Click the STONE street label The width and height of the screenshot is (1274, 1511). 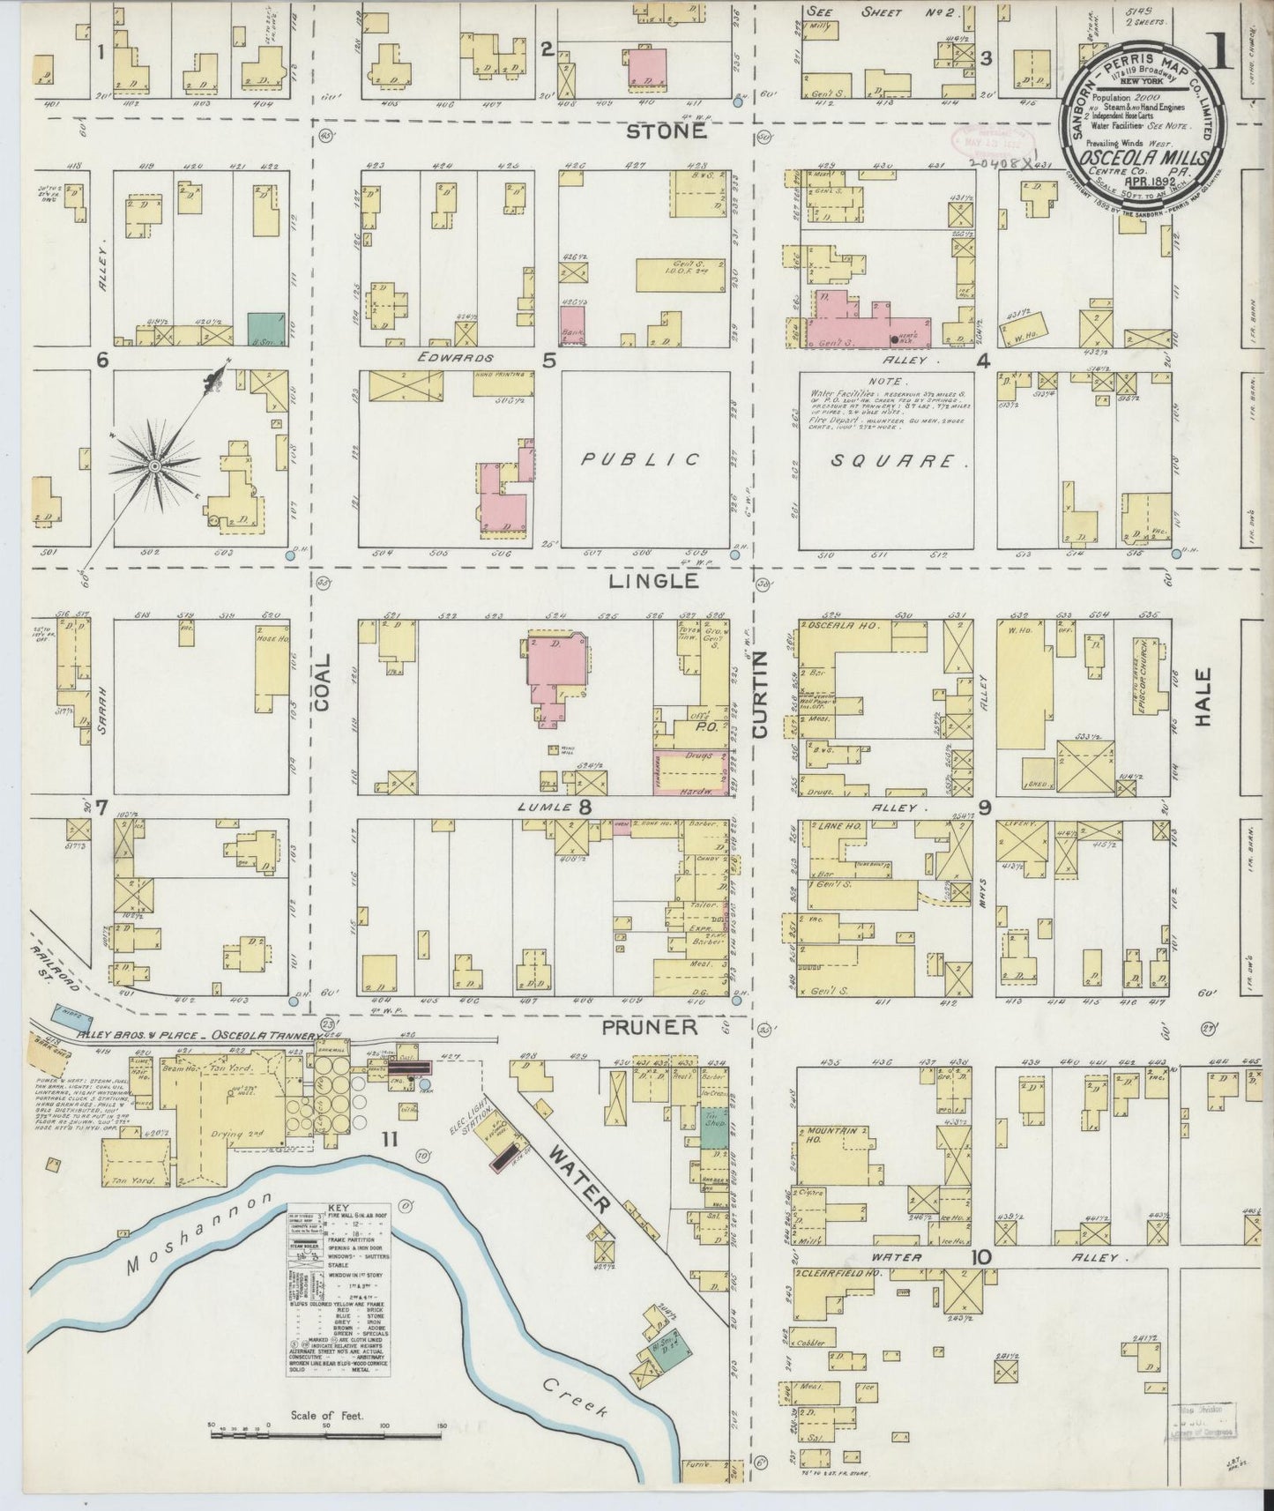pos(667,131)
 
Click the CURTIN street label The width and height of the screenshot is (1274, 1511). pos(760,695)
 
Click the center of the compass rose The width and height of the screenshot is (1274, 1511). pos(155,465)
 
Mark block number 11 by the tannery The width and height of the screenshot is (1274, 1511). pos(390,1140)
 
